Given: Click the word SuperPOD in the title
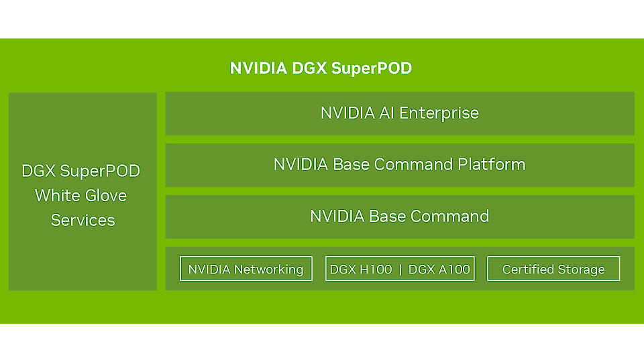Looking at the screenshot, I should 371,68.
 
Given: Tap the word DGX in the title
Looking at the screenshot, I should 310,68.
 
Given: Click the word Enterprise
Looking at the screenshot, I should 439,113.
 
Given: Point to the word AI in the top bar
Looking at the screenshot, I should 386,113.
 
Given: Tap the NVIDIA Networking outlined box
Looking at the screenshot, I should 246,269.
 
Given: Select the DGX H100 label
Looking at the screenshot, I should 360,269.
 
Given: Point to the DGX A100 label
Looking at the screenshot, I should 439,269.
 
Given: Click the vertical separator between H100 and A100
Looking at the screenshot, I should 400,269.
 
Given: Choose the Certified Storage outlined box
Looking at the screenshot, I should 553,269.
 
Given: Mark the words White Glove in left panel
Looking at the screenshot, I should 81,196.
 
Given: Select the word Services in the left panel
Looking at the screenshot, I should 83,221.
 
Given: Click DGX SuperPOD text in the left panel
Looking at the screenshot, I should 81,171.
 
